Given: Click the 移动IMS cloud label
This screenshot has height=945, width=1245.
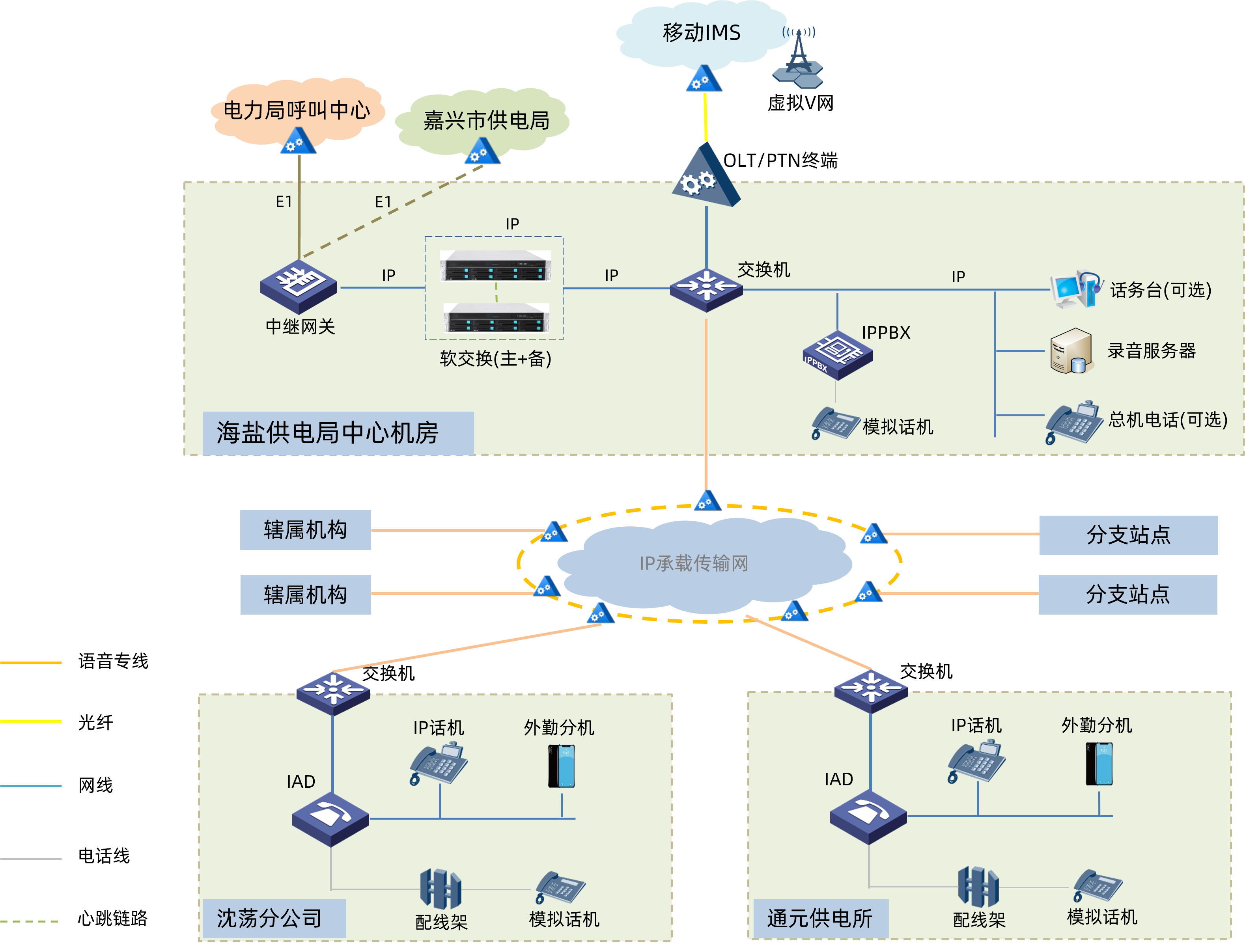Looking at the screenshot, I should (701, 33).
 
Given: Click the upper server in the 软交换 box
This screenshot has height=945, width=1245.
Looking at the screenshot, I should (495, 266).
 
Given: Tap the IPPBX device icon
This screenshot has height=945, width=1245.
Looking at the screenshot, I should (837, 354).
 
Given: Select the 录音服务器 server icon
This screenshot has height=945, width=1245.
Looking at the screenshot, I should (1071, 350).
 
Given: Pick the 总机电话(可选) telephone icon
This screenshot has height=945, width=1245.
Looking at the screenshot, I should (1074, 422).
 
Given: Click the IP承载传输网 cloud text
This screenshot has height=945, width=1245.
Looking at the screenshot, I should (693, 563).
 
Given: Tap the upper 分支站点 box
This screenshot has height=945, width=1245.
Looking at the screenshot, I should (1128, 535).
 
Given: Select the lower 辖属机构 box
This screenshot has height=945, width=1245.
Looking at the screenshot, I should (305, 595).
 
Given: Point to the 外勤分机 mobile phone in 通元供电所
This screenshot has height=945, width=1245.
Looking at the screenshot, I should (1099, 764).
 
